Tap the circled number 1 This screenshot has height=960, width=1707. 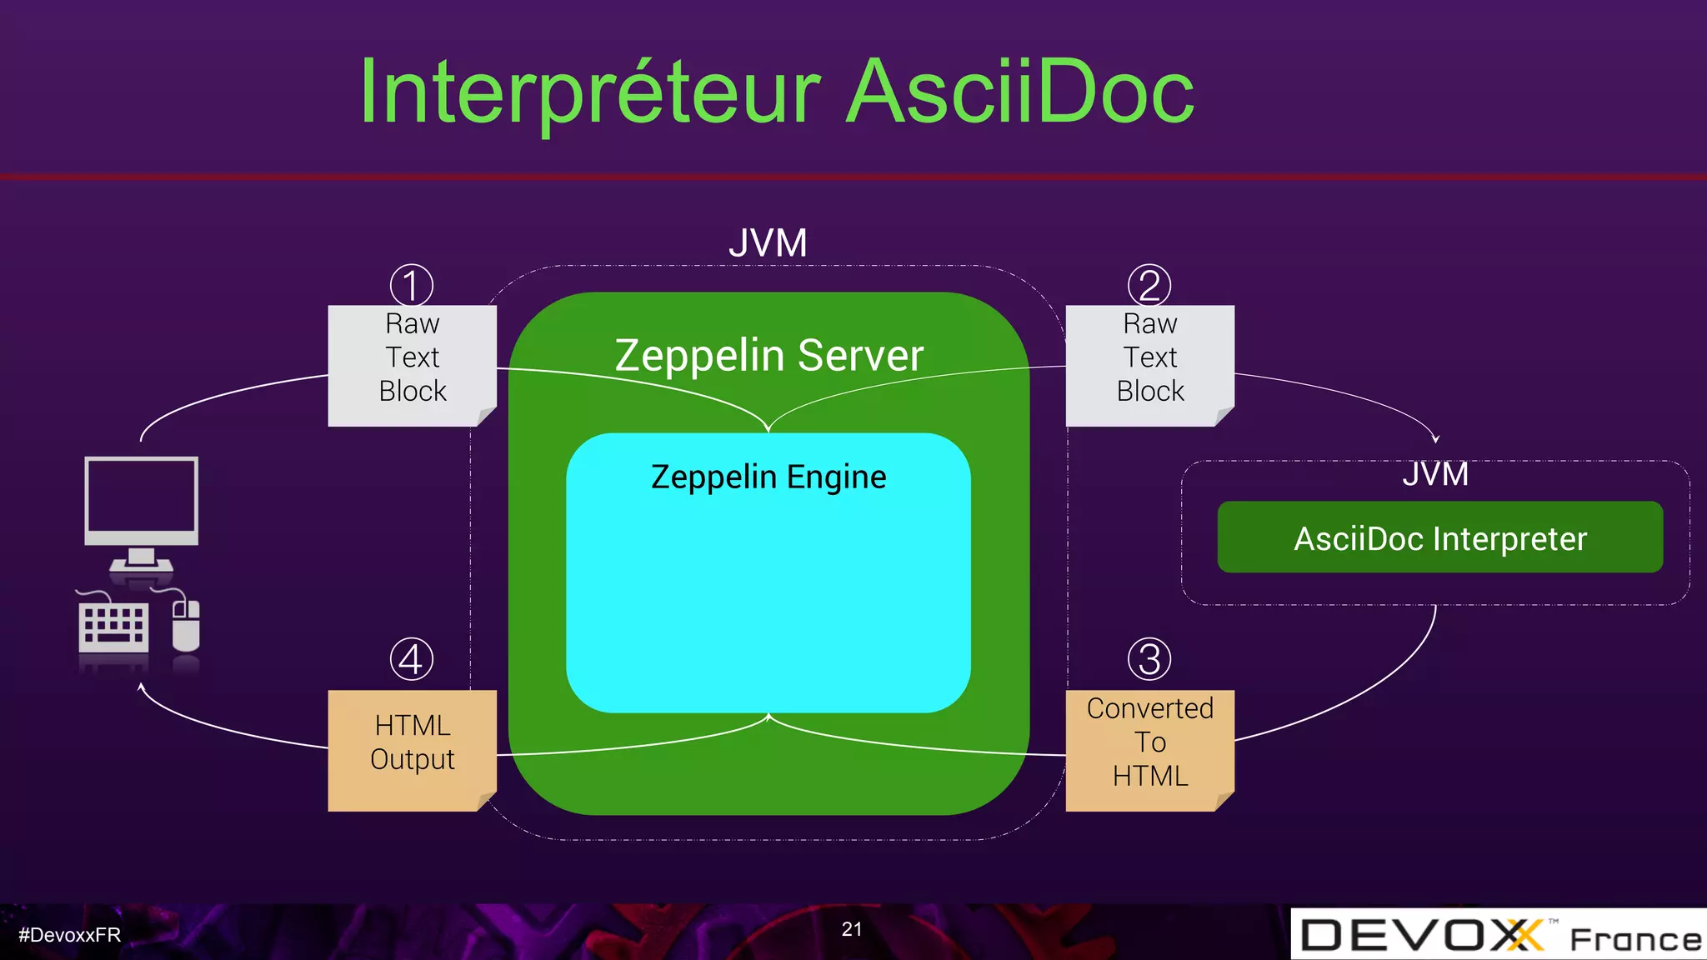(412, 285)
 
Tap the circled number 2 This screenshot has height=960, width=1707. (1149, 285)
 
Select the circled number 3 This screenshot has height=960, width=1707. (1149, 659)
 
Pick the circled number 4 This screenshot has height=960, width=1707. (412, 659)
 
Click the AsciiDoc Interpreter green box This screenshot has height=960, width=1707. (1439, 537)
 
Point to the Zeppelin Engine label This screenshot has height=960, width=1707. (768, 477)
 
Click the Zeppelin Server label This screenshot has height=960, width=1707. (768, 355)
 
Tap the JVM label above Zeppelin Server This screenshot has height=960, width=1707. (768, 243)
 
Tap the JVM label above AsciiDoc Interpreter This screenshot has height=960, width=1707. (1434, 474)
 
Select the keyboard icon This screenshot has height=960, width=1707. (113, 627)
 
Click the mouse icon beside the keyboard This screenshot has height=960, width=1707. (186, 625)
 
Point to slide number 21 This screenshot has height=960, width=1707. (851, 929)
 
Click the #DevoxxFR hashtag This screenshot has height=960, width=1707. (70, 935)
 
